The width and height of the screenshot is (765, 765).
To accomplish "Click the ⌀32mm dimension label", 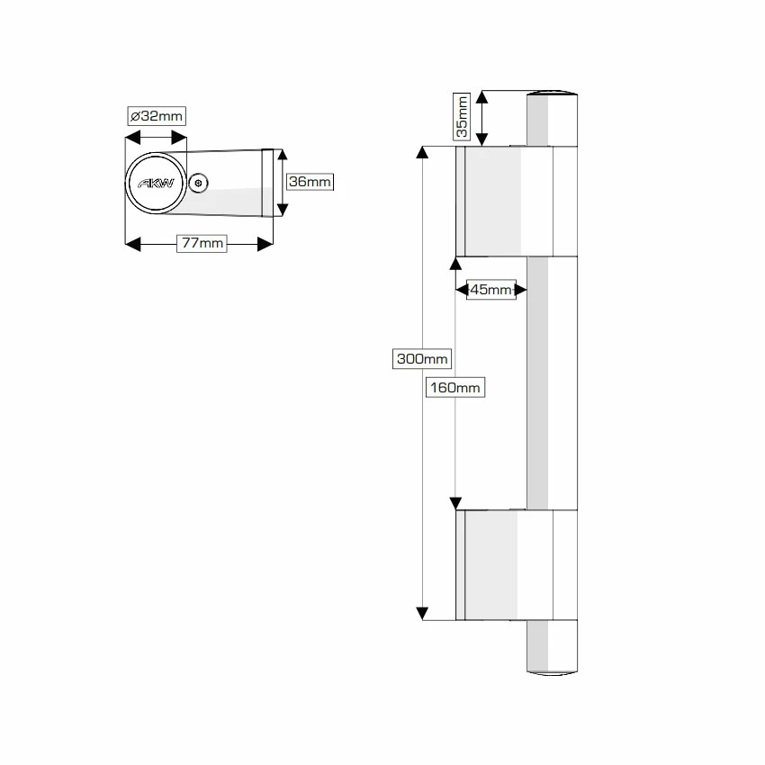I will click(156, 116).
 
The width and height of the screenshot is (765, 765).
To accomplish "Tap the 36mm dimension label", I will click(310, 182).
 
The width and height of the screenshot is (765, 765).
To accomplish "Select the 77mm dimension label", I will click(201, 244).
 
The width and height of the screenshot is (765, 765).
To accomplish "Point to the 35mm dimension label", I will click(462, 117).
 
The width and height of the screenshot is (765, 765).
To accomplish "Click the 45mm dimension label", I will click(491, 290).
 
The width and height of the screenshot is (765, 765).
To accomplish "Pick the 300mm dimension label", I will click(422, 359).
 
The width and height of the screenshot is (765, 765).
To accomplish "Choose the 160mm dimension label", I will click(455, 388).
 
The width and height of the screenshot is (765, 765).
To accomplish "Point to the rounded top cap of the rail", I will click(552, 94).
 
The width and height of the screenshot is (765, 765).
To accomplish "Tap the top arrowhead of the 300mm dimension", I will click(422, 153).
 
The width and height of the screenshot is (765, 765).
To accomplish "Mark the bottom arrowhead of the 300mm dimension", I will click(422, 614).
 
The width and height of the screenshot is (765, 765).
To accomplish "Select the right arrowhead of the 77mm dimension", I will click(265, 244).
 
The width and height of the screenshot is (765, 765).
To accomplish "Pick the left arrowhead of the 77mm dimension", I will click(132, 244).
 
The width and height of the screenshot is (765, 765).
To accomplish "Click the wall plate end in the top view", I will click(267, 183).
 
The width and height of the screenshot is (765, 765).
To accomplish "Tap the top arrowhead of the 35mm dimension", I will click(482, 97).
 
